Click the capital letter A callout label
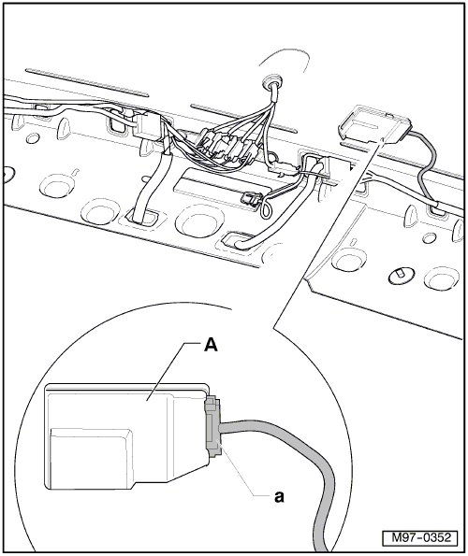[211, 345]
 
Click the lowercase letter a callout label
[280, 497]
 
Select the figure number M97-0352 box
[420, 537]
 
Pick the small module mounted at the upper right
[375, 124]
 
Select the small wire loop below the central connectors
[265, 211]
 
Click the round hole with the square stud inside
[402, 275]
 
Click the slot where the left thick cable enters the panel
[142, 217]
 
